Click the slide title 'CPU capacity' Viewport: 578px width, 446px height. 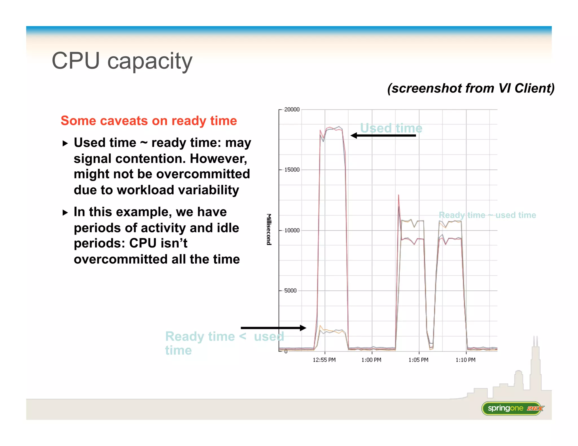point(122,61)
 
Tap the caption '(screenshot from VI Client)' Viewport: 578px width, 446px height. point(471,88)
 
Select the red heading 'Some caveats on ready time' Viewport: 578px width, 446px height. point(149,121)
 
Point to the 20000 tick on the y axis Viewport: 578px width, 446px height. point(292,109)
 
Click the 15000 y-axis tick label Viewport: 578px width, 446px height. point(292,170)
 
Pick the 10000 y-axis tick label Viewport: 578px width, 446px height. point(292,230)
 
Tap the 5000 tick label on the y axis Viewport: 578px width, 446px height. point(290,291)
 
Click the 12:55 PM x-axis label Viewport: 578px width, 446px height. point(324,360)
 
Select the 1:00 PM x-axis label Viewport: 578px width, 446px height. point(371,360)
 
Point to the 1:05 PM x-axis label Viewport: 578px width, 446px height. point(418,360)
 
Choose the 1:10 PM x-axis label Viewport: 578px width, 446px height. point(465,360)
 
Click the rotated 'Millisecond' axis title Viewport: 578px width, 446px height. point(269,229)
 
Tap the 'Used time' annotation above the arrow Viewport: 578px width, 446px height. point(391,128)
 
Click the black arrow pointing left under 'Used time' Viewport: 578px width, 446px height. point(383,136)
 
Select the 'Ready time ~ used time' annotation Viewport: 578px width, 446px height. point(487,215)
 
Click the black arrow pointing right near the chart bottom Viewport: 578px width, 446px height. point(273,328)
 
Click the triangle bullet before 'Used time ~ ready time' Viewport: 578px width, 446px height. point(65,143)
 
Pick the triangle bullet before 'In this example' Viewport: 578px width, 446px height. point(65,213)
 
